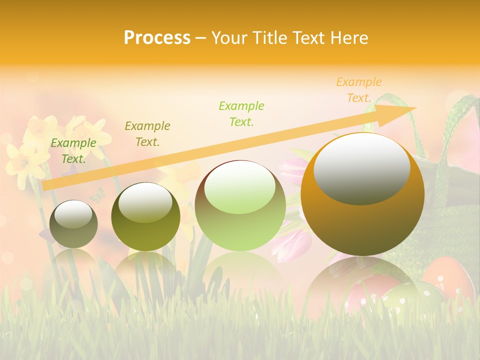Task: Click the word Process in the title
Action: click(x=157, y=38)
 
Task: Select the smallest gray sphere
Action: click(x=73, y=224)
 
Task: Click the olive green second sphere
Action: click(x=145, y=216)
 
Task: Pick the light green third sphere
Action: click(x=240, y=205)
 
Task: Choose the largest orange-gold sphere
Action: click(x=362, y=194)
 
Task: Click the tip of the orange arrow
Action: click(x=415, y=108)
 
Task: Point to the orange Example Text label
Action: click(x=359, y=90)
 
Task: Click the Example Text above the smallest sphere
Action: click(x=73, y=150)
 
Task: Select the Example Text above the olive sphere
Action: click(x=147, y=133)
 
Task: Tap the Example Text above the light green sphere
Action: click(x=241, y=113)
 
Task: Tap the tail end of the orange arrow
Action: click(x=45, y=185)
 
